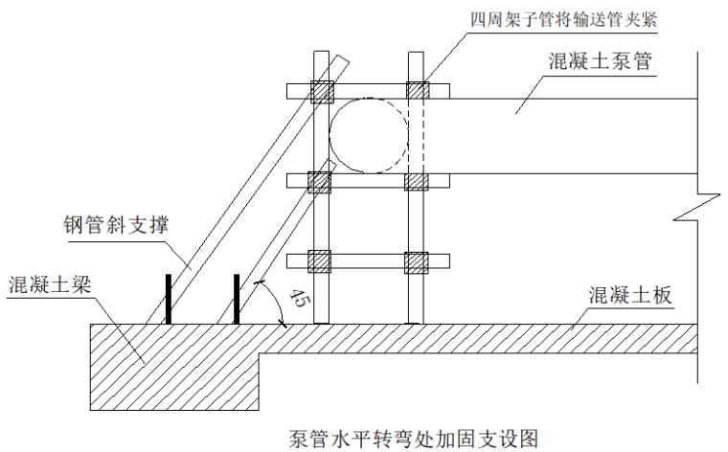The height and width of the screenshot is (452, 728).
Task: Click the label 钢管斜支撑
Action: [x=116, y=225]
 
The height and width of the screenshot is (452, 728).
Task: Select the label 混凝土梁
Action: [x=50, y=284]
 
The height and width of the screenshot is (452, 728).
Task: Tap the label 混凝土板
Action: [x=630, y=295]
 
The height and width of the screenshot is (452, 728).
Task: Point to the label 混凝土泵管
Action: [x=601, y=61]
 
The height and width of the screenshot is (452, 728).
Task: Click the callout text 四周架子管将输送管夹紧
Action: [x=563, y=20]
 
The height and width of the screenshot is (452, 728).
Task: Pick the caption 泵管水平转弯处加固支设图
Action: [x=413, y=439]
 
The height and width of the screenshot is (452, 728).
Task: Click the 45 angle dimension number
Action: [x=298, y=298]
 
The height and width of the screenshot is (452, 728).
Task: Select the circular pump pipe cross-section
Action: [x=369, y=135]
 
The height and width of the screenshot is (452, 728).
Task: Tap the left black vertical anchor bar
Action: [x=169, y=299]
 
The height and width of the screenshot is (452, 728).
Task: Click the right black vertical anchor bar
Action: [x=237, y=299]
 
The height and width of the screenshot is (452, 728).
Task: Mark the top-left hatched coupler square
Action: [x=322, y=92]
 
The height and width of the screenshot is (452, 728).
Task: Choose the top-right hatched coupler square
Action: [x=418, y=90]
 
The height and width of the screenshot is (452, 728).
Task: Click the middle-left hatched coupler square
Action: [x=319, y=182]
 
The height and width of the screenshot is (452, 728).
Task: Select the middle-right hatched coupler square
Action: [x=416, y=182]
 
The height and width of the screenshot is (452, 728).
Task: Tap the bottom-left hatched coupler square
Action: [x=319, y=261]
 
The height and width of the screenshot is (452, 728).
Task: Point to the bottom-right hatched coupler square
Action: [x=416, y=262]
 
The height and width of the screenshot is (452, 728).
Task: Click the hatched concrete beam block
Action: [x=174, y=367]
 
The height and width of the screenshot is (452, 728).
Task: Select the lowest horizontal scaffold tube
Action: [x=368, y=261]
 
